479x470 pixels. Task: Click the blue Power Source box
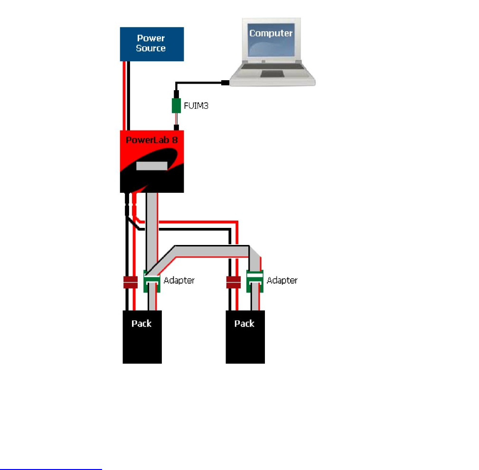tap(151, 44)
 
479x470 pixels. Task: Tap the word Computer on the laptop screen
tap(271, 33)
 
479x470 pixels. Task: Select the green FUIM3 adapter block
tap(176, 105)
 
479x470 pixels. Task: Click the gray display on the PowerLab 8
tap(152, 166)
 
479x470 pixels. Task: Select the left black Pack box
tap(142, 337)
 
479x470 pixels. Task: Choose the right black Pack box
tap(245, 337)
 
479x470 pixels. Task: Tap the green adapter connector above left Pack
tap(151, 281)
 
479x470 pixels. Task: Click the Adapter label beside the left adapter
tap(179, 280)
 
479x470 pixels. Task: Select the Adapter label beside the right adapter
tap(282, 280)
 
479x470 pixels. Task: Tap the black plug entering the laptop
tap(225, 83)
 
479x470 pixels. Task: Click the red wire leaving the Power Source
tap(124, 95)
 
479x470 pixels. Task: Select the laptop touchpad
tap(272, 75)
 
